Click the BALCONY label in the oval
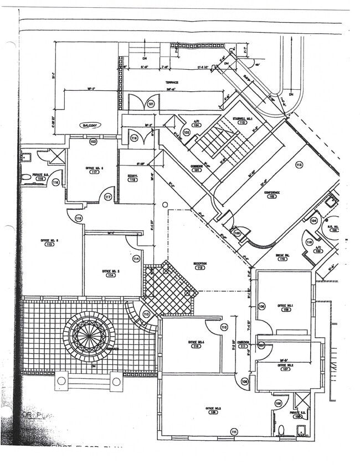(x=87, y=126)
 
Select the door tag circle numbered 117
(x=108, y=197)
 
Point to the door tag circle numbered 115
(x=79, y=219)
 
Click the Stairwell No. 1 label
(x=242, y=118)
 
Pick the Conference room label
(x=271, y=193)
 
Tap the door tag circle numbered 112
(x=299, y=165)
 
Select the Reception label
(x=199, y=264)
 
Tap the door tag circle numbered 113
(x=146, y=314)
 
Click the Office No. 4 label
(x=196, y=343)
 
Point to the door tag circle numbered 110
(x=224, y=327)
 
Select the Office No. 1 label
(x=285, y=307)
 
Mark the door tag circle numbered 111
(x=234, y=432)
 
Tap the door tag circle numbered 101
(x=151, y=104)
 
